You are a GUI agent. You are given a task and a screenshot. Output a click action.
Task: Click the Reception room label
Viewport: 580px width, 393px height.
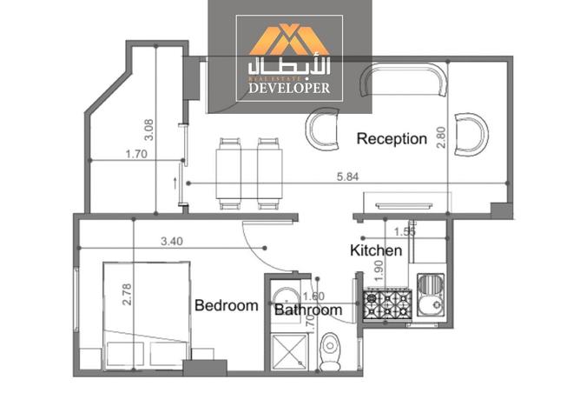pos(392,138)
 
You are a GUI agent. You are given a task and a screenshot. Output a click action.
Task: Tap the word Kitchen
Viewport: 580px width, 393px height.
pos(375,250)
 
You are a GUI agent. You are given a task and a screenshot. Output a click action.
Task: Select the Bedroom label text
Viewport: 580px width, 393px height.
pos(226,305)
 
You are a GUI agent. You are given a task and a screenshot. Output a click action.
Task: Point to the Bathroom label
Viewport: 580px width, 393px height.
pos(307,310)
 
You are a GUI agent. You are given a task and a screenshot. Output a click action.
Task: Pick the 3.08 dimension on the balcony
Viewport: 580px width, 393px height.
pos(148,129)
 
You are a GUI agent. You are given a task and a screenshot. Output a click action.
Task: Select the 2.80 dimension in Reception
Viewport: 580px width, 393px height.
pos(441,137)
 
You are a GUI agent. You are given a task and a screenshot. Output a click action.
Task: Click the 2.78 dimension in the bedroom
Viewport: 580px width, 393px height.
pos(128,299)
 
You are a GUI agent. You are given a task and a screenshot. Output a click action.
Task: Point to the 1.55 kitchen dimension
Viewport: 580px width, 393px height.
pos(404,231)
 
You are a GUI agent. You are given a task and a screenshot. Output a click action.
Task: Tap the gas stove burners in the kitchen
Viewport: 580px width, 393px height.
pos(387,304)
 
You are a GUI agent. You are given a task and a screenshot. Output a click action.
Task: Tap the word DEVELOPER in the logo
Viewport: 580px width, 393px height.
pos(290,88)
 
